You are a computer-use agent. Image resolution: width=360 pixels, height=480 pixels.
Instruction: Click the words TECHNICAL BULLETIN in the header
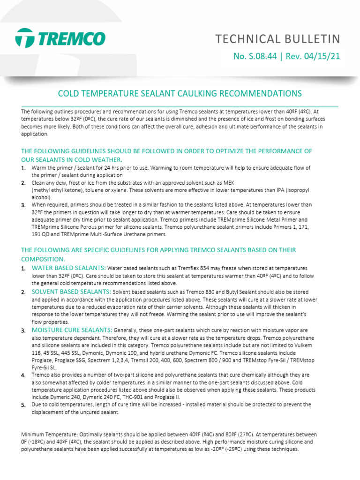pos(277,38)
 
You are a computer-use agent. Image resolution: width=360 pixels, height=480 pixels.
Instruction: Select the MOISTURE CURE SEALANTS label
pos(72,330)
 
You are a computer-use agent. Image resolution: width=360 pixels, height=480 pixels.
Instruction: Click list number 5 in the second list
pos(23,405)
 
